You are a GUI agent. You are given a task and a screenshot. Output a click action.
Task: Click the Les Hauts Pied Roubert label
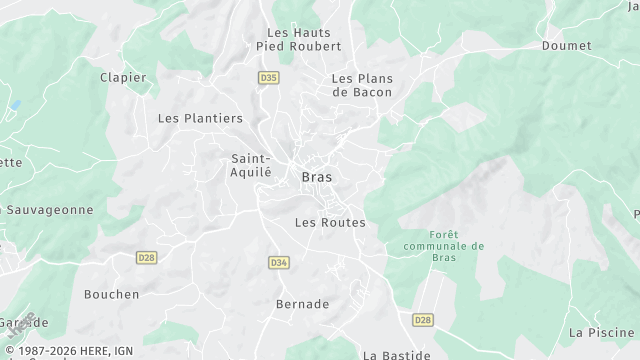point(300,38)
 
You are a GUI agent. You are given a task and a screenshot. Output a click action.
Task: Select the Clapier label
point(123,78)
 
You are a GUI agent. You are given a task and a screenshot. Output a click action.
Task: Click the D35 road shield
point(268,77)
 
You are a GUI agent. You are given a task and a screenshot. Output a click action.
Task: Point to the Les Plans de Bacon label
point(362,85)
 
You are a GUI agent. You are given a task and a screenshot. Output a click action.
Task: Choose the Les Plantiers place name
point(200,118)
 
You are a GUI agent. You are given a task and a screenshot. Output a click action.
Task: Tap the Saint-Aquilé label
point(251,165)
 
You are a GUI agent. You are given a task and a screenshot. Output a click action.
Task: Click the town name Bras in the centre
point(317,177)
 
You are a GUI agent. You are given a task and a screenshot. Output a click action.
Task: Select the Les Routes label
point(330,222)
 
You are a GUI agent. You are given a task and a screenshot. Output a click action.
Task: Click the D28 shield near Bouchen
point(147,257)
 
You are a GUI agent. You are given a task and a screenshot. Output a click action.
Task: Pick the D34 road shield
point(279,262)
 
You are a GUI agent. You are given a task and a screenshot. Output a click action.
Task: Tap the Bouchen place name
point(111,294)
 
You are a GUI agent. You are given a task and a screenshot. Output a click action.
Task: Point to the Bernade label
point(302,304)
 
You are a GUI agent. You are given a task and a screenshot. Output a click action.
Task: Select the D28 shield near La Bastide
point(422,319)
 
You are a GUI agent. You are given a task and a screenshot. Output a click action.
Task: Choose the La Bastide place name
point(397,354)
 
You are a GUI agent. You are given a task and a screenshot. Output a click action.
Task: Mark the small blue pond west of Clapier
point(15,105)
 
